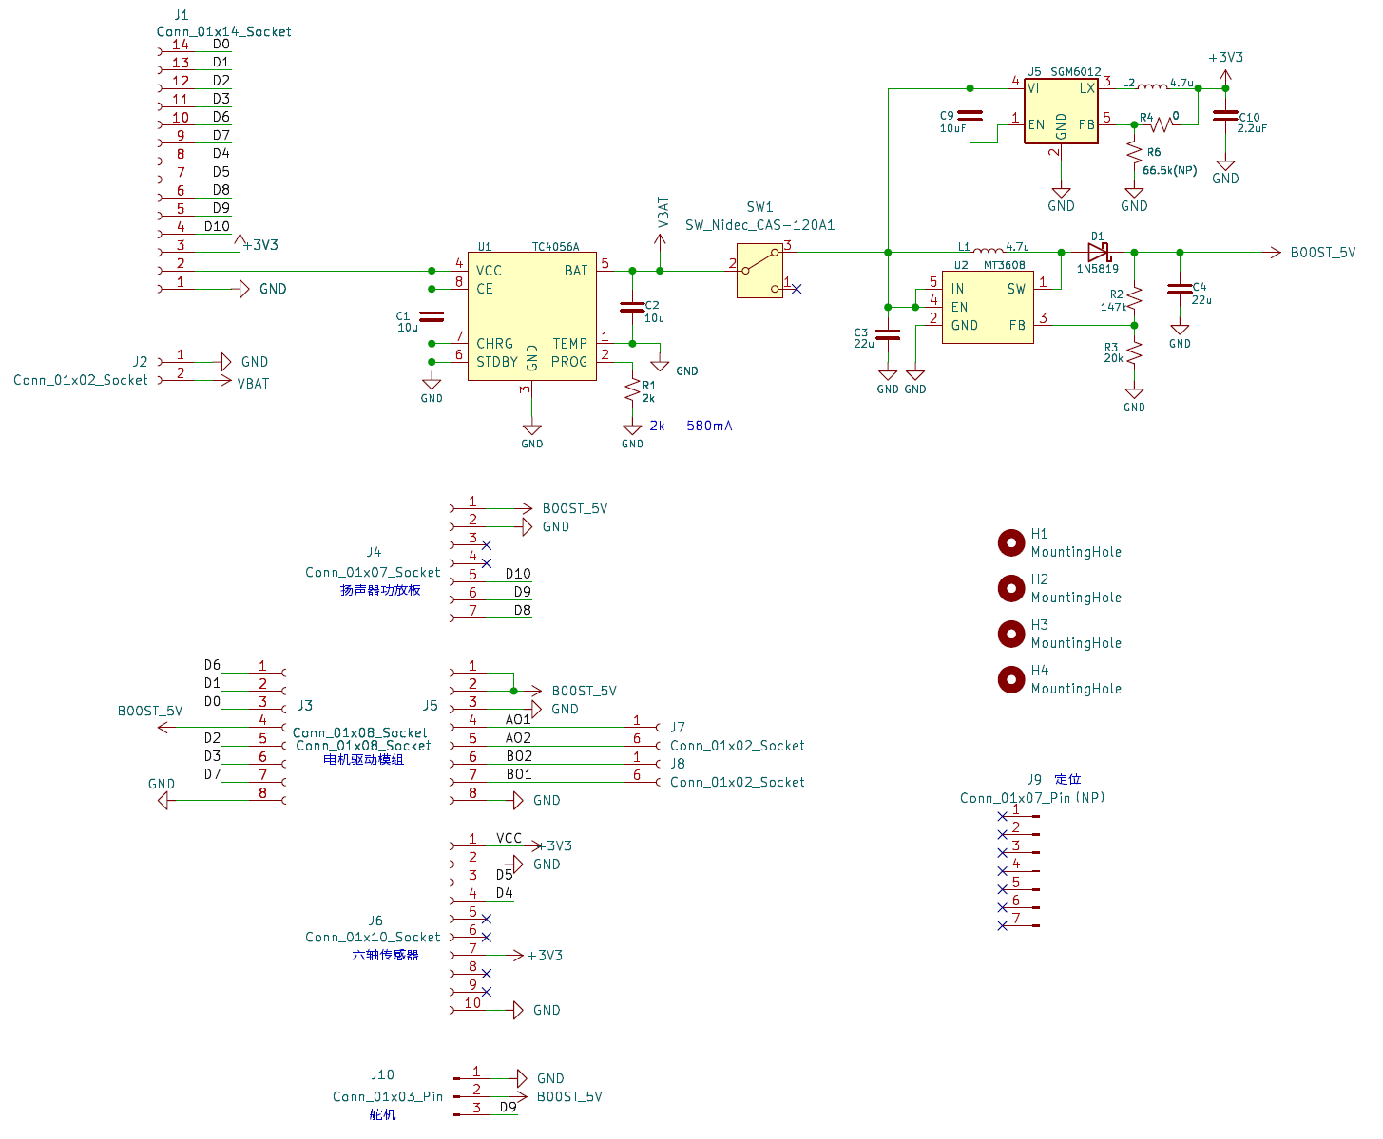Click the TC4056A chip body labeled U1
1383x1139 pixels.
tap(531, 316)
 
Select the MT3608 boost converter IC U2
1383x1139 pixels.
tap(987, 307)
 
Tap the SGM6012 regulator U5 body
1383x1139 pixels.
tap(1061, 111)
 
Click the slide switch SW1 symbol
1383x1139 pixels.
tap(759, 270)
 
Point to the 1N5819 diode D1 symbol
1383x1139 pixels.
tap(1098, 253)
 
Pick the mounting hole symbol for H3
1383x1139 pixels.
tap(1010, 634)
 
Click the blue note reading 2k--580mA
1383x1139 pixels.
tap(690, 426)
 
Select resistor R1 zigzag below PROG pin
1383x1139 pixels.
tap(632, 390)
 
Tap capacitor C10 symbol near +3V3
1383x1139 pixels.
tap(1224, 116)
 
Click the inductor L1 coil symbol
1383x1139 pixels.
tap(989, 250)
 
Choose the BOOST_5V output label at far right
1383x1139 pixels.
tap(1322, 253)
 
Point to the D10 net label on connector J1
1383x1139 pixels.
tap(217, 226)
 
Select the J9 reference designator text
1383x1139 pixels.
tap(1034, 779)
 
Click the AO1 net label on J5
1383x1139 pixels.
tap(518, 719)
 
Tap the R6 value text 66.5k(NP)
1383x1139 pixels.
tap(1169, 170)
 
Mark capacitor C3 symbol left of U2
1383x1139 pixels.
tap(888, 334)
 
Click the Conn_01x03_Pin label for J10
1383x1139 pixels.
tap(388, 1096)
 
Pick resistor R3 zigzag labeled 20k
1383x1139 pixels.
tap(1134, 353)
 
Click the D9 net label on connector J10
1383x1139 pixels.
tap(508, 1108)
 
